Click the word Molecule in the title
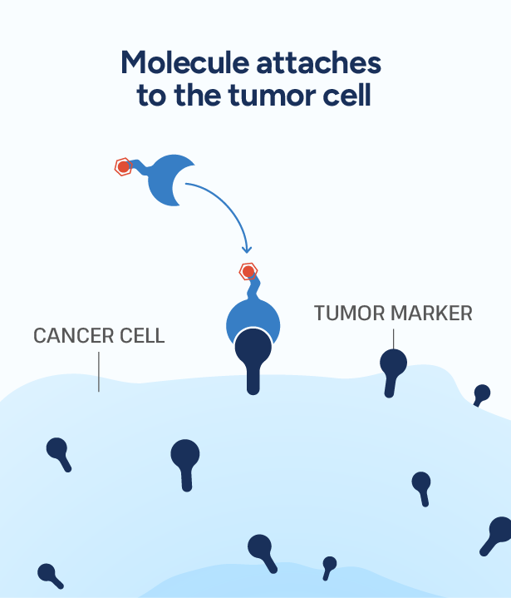(x=185, y=62)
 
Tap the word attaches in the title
(x=318, y=63)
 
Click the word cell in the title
(x=346, y=95)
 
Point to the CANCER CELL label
(x=99, y=336)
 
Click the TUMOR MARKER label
(x=393, y=313)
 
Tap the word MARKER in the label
(x=431, y=313)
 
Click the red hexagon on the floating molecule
(x=123, y=166)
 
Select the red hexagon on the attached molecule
(x=248, y=271)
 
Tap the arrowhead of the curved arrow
(x=247, y=249)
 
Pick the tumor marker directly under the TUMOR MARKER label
(x=392, y=371)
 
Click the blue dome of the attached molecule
(x=253, y=316)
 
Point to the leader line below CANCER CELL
(x=99, y=372)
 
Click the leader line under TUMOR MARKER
(x=393, y=339)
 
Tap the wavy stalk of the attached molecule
(x=253, y=289)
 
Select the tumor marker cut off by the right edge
(x=497, y=535)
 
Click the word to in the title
(x=151, y=96)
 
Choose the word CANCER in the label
(x=74, y=336)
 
